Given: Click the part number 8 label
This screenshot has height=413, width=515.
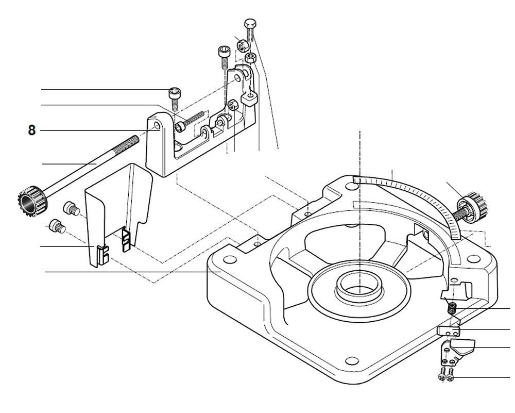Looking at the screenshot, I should pyautogui.click(x=32, y=130).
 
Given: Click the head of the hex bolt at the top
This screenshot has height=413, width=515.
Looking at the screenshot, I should pyautogui.click(x=250, y=24).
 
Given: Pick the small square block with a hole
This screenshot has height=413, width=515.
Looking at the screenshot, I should pyautogui.click(x=249, y=97).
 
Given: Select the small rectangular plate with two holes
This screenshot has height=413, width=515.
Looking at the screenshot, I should pyautogui.click(x=448, y=331).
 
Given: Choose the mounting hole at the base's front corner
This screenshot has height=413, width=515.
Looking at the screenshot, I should pyautogui.click(x=352, y=360).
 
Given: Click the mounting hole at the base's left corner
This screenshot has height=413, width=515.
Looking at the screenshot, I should pyautogui.click(x=230, y=259).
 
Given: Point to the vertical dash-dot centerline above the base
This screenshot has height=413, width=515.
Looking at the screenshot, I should pyautogui.click(x=359, y=155).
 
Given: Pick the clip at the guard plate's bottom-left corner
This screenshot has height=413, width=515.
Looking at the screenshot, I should pyautogui.click(x=102, y=255).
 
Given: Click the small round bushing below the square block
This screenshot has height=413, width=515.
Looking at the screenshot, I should pyautogui.click(x=232, y=106).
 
